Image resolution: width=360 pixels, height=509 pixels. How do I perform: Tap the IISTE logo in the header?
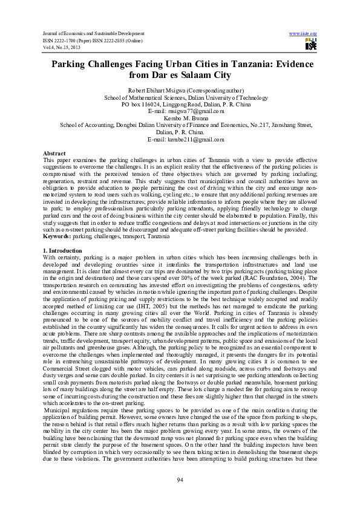312,44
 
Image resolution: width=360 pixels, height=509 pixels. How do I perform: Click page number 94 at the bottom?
180,480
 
